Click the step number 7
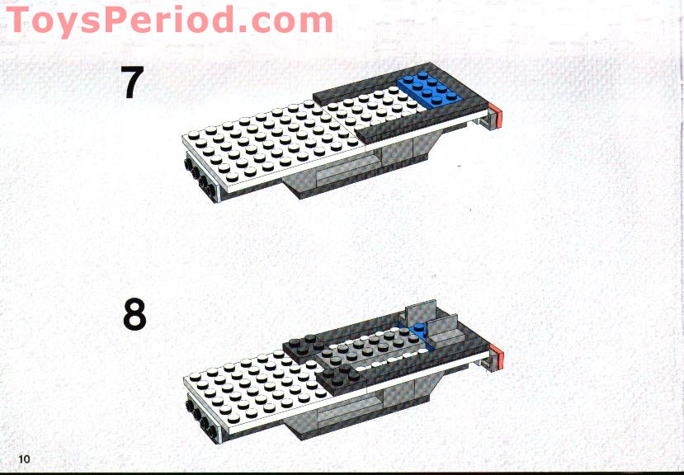click(133, 82)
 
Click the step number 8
click(134, 315)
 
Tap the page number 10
click(23, 458)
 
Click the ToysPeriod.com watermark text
click(169, 20)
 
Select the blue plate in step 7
click(427, 89)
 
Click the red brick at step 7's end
click(496, 117)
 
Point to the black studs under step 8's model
click(199, 412)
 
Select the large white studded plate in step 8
click(248, 383)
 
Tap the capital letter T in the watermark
click(22, 20)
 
